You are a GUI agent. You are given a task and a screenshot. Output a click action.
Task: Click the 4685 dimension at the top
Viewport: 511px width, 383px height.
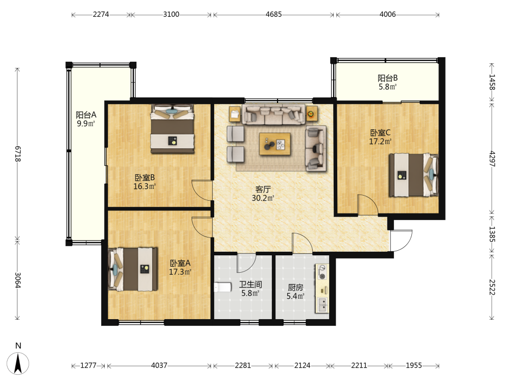point(273,14)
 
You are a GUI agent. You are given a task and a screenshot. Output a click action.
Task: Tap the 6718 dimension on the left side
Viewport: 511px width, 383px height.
point(18,154)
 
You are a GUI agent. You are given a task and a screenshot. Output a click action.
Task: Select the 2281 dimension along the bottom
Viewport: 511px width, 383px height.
point(243,366)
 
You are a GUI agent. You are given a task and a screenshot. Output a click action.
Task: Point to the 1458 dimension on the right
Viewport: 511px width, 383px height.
point(492,82)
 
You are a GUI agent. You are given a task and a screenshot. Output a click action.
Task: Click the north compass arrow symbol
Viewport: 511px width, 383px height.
point(18,363)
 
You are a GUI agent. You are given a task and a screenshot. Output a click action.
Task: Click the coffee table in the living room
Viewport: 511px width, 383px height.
point(275,144)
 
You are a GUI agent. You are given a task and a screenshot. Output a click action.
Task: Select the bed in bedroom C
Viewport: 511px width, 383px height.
point(413,175)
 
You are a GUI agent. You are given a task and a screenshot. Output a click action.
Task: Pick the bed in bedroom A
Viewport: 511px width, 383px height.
point(133,269)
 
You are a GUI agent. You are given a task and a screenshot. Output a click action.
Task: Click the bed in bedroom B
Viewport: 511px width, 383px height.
point(172,129)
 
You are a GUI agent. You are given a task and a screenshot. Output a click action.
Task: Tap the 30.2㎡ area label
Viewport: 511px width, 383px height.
point(263,198)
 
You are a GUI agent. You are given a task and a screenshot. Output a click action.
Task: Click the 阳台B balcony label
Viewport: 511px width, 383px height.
point(387,78)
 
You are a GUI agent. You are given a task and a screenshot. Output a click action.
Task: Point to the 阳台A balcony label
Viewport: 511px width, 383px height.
point(86,115)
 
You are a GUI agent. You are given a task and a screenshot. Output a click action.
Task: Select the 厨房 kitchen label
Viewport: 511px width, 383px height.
point(295,288)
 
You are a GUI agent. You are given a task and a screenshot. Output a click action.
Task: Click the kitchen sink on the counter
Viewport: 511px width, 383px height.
point(322,304)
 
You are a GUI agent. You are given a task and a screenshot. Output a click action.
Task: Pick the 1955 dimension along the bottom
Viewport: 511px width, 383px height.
point(413,366)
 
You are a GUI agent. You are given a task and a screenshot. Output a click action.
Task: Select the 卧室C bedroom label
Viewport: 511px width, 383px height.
point(380,133)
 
